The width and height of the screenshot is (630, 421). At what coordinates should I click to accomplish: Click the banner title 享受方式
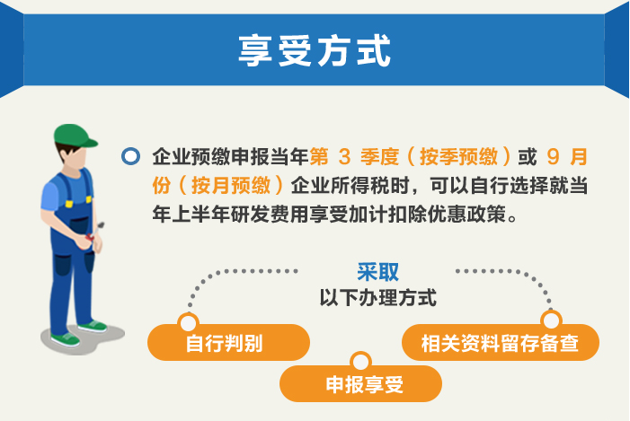tap(315, 50)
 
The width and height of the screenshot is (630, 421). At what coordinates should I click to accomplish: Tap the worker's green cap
tap(75, 136)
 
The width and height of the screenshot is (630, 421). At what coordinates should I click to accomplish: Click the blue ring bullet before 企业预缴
tap(130, 156)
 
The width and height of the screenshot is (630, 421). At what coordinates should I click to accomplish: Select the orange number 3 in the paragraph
tap(344, 156)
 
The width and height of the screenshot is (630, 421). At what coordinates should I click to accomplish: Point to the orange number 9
tap(553, 156)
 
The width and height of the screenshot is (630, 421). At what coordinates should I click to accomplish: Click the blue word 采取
tap(377, 272)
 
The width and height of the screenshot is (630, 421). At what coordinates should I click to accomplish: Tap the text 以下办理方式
tap(377, 298)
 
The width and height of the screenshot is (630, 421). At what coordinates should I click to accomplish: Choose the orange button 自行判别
tap(228, 342)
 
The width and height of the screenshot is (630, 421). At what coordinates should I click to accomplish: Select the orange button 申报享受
tap(360, 383)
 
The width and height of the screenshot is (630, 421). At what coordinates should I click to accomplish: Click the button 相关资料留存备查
tap(501, 342)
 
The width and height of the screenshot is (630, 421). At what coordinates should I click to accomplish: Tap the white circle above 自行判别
tap(188, 322)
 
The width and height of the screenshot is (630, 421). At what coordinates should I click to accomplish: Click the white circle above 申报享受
tap(360, 362)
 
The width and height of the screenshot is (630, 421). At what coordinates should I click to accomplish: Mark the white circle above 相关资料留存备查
tap(551, 320)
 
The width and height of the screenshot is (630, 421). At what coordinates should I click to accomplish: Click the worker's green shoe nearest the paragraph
tap(93, 325)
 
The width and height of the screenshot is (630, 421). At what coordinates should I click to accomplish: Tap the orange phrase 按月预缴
tap(231, 186)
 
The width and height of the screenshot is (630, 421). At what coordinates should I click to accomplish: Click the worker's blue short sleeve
tap(49, 197)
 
